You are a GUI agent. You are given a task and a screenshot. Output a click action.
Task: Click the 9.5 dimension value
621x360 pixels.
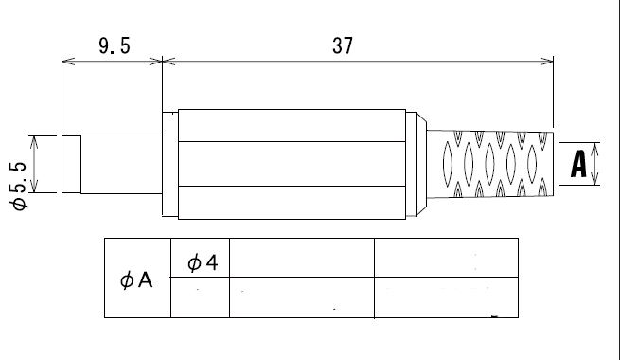tap(115, 46)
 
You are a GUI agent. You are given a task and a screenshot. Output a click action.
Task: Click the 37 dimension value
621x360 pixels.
tap(343, 46)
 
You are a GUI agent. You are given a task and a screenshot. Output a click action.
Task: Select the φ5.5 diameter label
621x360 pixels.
tap(18, 185)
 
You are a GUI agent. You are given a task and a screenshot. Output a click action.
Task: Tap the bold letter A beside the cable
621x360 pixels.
tap(578, 164)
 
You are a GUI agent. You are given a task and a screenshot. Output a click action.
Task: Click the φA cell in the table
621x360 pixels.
tap(136, 280)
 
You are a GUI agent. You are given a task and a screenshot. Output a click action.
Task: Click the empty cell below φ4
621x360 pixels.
tap(200, 297)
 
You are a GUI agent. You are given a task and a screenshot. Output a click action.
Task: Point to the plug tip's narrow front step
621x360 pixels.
tap(71, 164)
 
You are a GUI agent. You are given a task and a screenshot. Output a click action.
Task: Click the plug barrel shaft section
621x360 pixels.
tap(121, 164)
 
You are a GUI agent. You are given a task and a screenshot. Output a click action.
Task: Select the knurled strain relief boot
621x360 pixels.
tap(490, 164)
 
